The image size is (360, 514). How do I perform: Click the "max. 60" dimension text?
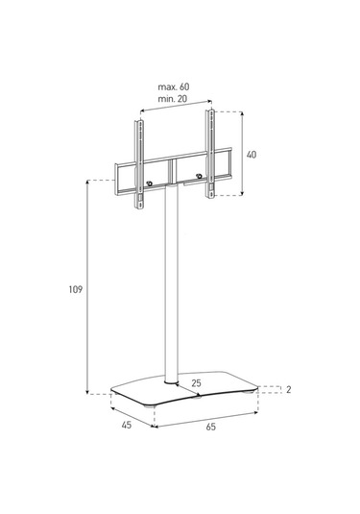coord(174,86)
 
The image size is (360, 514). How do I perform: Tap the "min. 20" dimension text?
coord(173,99)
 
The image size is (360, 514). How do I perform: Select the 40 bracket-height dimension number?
coord(252,155)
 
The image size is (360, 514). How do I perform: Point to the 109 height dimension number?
coord(75,289)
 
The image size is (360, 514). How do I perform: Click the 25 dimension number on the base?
coord(196,383)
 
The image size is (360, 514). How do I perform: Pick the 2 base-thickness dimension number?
coord(289,390)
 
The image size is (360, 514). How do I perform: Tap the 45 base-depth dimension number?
coord(127,425)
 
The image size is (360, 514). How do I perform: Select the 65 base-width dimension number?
coord(211,427)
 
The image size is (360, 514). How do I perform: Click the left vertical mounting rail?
coord(139,164)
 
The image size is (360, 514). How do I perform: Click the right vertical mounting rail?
coord(210,154)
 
